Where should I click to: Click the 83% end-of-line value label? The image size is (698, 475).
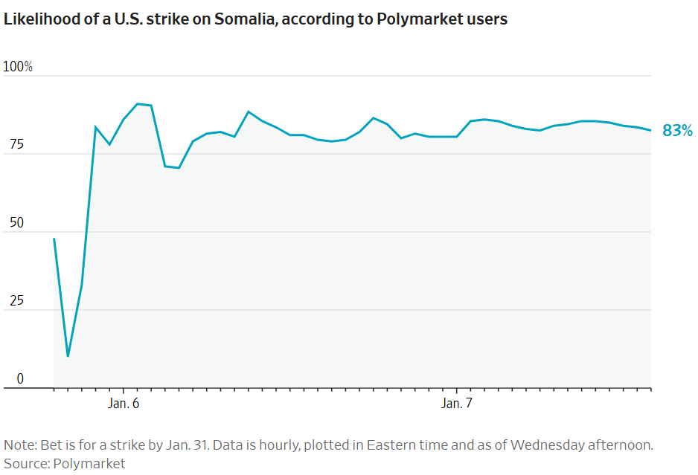pos(677,131)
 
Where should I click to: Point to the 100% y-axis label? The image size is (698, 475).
pos(18,67)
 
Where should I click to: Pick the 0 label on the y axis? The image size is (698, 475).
pos(20,379)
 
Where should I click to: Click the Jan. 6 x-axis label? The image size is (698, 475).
pos(124,404)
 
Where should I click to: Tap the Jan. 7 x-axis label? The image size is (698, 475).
pos(457,404)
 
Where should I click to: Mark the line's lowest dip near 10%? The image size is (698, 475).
pos(68,356)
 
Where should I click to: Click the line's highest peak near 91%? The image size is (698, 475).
pos(138,104)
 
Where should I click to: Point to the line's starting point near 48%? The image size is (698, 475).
pos(54,239)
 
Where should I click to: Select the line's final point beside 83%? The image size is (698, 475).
pos(650,130)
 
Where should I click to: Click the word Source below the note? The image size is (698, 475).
pos(24,463)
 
